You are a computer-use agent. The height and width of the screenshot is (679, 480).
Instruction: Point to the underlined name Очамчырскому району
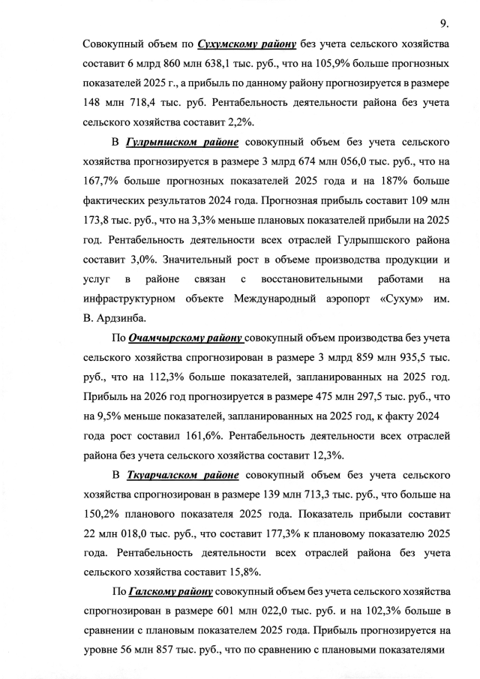(185, 338)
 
